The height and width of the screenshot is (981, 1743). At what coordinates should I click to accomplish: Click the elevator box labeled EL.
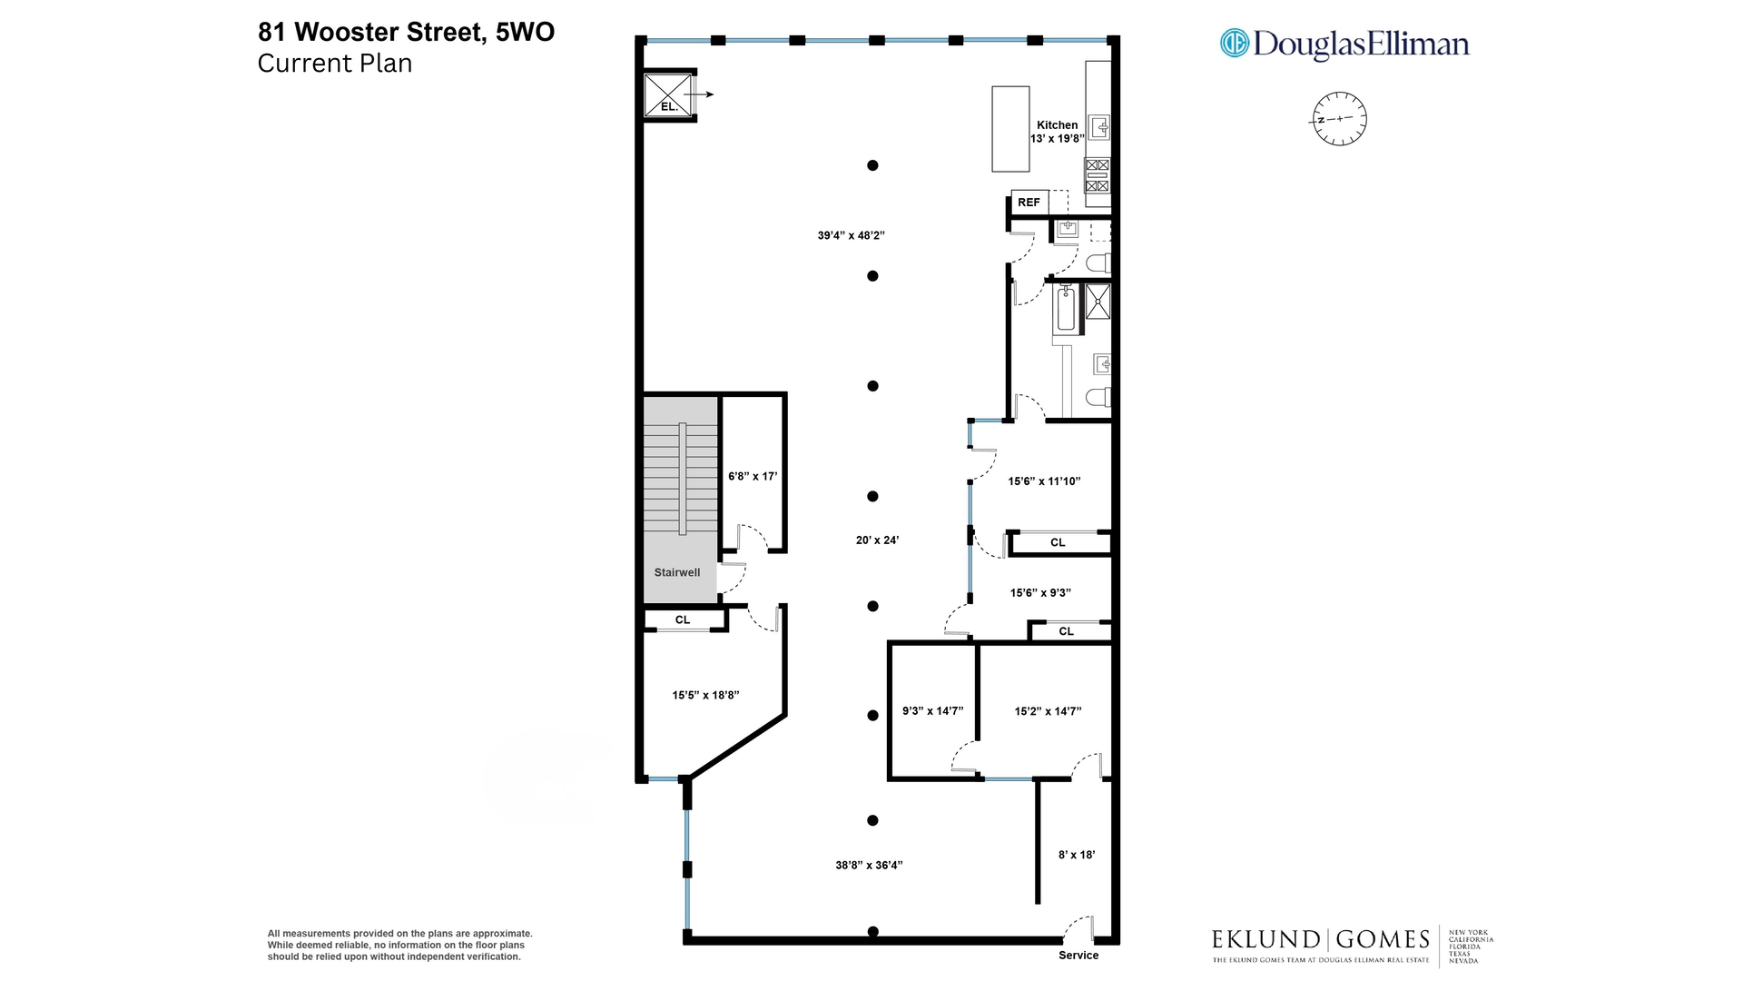668,95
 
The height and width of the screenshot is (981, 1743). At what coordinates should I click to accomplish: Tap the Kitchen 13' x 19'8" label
1057,132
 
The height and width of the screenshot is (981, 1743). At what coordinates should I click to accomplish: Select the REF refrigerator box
1029,203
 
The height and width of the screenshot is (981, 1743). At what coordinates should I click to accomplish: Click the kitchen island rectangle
1009,129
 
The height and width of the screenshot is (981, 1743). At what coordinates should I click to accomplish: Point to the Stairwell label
677,572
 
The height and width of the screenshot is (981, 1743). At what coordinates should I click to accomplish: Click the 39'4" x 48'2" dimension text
851,235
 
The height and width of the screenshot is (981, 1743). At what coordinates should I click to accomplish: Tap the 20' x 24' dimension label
877,540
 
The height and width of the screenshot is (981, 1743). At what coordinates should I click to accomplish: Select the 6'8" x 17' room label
753,476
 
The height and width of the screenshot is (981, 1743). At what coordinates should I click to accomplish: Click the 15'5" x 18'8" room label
705,695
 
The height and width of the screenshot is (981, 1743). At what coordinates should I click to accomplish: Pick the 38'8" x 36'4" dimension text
869,865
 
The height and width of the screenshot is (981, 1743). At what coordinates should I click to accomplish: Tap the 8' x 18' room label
1077,855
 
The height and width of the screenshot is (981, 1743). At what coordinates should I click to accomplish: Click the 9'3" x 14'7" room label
932,711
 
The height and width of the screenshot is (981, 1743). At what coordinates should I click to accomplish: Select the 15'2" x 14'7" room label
1048,711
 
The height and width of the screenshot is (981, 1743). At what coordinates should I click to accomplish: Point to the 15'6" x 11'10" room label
1044,481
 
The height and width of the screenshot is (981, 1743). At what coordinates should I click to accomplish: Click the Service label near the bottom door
1078,955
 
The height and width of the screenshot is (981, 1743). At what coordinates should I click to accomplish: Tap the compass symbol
1339,119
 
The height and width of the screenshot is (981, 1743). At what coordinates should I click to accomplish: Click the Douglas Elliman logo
1344,44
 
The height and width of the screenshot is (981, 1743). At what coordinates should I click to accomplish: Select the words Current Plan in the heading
335,64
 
